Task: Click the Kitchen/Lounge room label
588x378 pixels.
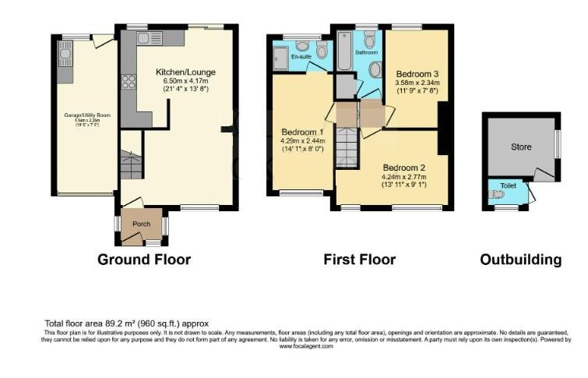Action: point(185,72)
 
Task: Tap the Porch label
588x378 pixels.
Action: point(141,224)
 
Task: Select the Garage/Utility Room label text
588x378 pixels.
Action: point(87,115)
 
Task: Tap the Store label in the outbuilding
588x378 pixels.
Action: point(520,147)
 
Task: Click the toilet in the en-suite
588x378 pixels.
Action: point(321,51)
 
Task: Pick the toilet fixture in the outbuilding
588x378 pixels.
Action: point(497,195)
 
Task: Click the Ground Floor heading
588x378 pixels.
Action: point(143,260)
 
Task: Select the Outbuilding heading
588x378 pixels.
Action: point(520,260)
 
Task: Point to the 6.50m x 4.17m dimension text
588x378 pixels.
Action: point(185,81)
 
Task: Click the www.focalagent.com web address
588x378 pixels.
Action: point(306,346)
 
